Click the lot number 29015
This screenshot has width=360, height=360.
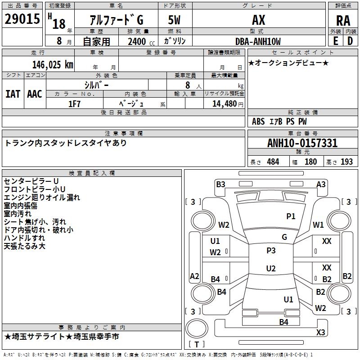(x=22, y=19)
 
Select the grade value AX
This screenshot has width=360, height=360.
(x=258, y=20)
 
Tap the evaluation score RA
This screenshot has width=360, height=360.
(x=343, y=21)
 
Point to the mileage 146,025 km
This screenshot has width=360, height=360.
(x=53, y=65)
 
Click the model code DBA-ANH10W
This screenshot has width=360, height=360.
(x=258, y=41)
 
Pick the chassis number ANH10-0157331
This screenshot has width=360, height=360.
(x=302, y=143)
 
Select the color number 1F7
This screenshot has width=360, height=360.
(x=74, y=104)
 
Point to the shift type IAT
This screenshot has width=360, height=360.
(x=13, y=94)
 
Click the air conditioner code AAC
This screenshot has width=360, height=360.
(x=35, y=94)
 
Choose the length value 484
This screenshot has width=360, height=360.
(x=273, y=162)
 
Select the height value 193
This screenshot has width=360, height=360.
(x=346, y=162)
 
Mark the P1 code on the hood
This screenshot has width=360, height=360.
(x=291, y=216)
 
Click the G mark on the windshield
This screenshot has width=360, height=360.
(x=284, y=237)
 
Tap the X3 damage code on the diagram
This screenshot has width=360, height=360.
(x=320, y=332)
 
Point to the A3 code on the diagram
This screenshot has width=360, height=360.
(x=321, y=184)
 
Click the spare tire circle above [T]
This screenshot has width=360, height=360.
(x=197, y=328)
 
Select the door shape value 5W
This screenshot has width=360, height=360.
(x=174, y=20)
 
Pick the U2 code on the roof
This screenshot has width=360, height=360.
(x=271, y=268)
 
